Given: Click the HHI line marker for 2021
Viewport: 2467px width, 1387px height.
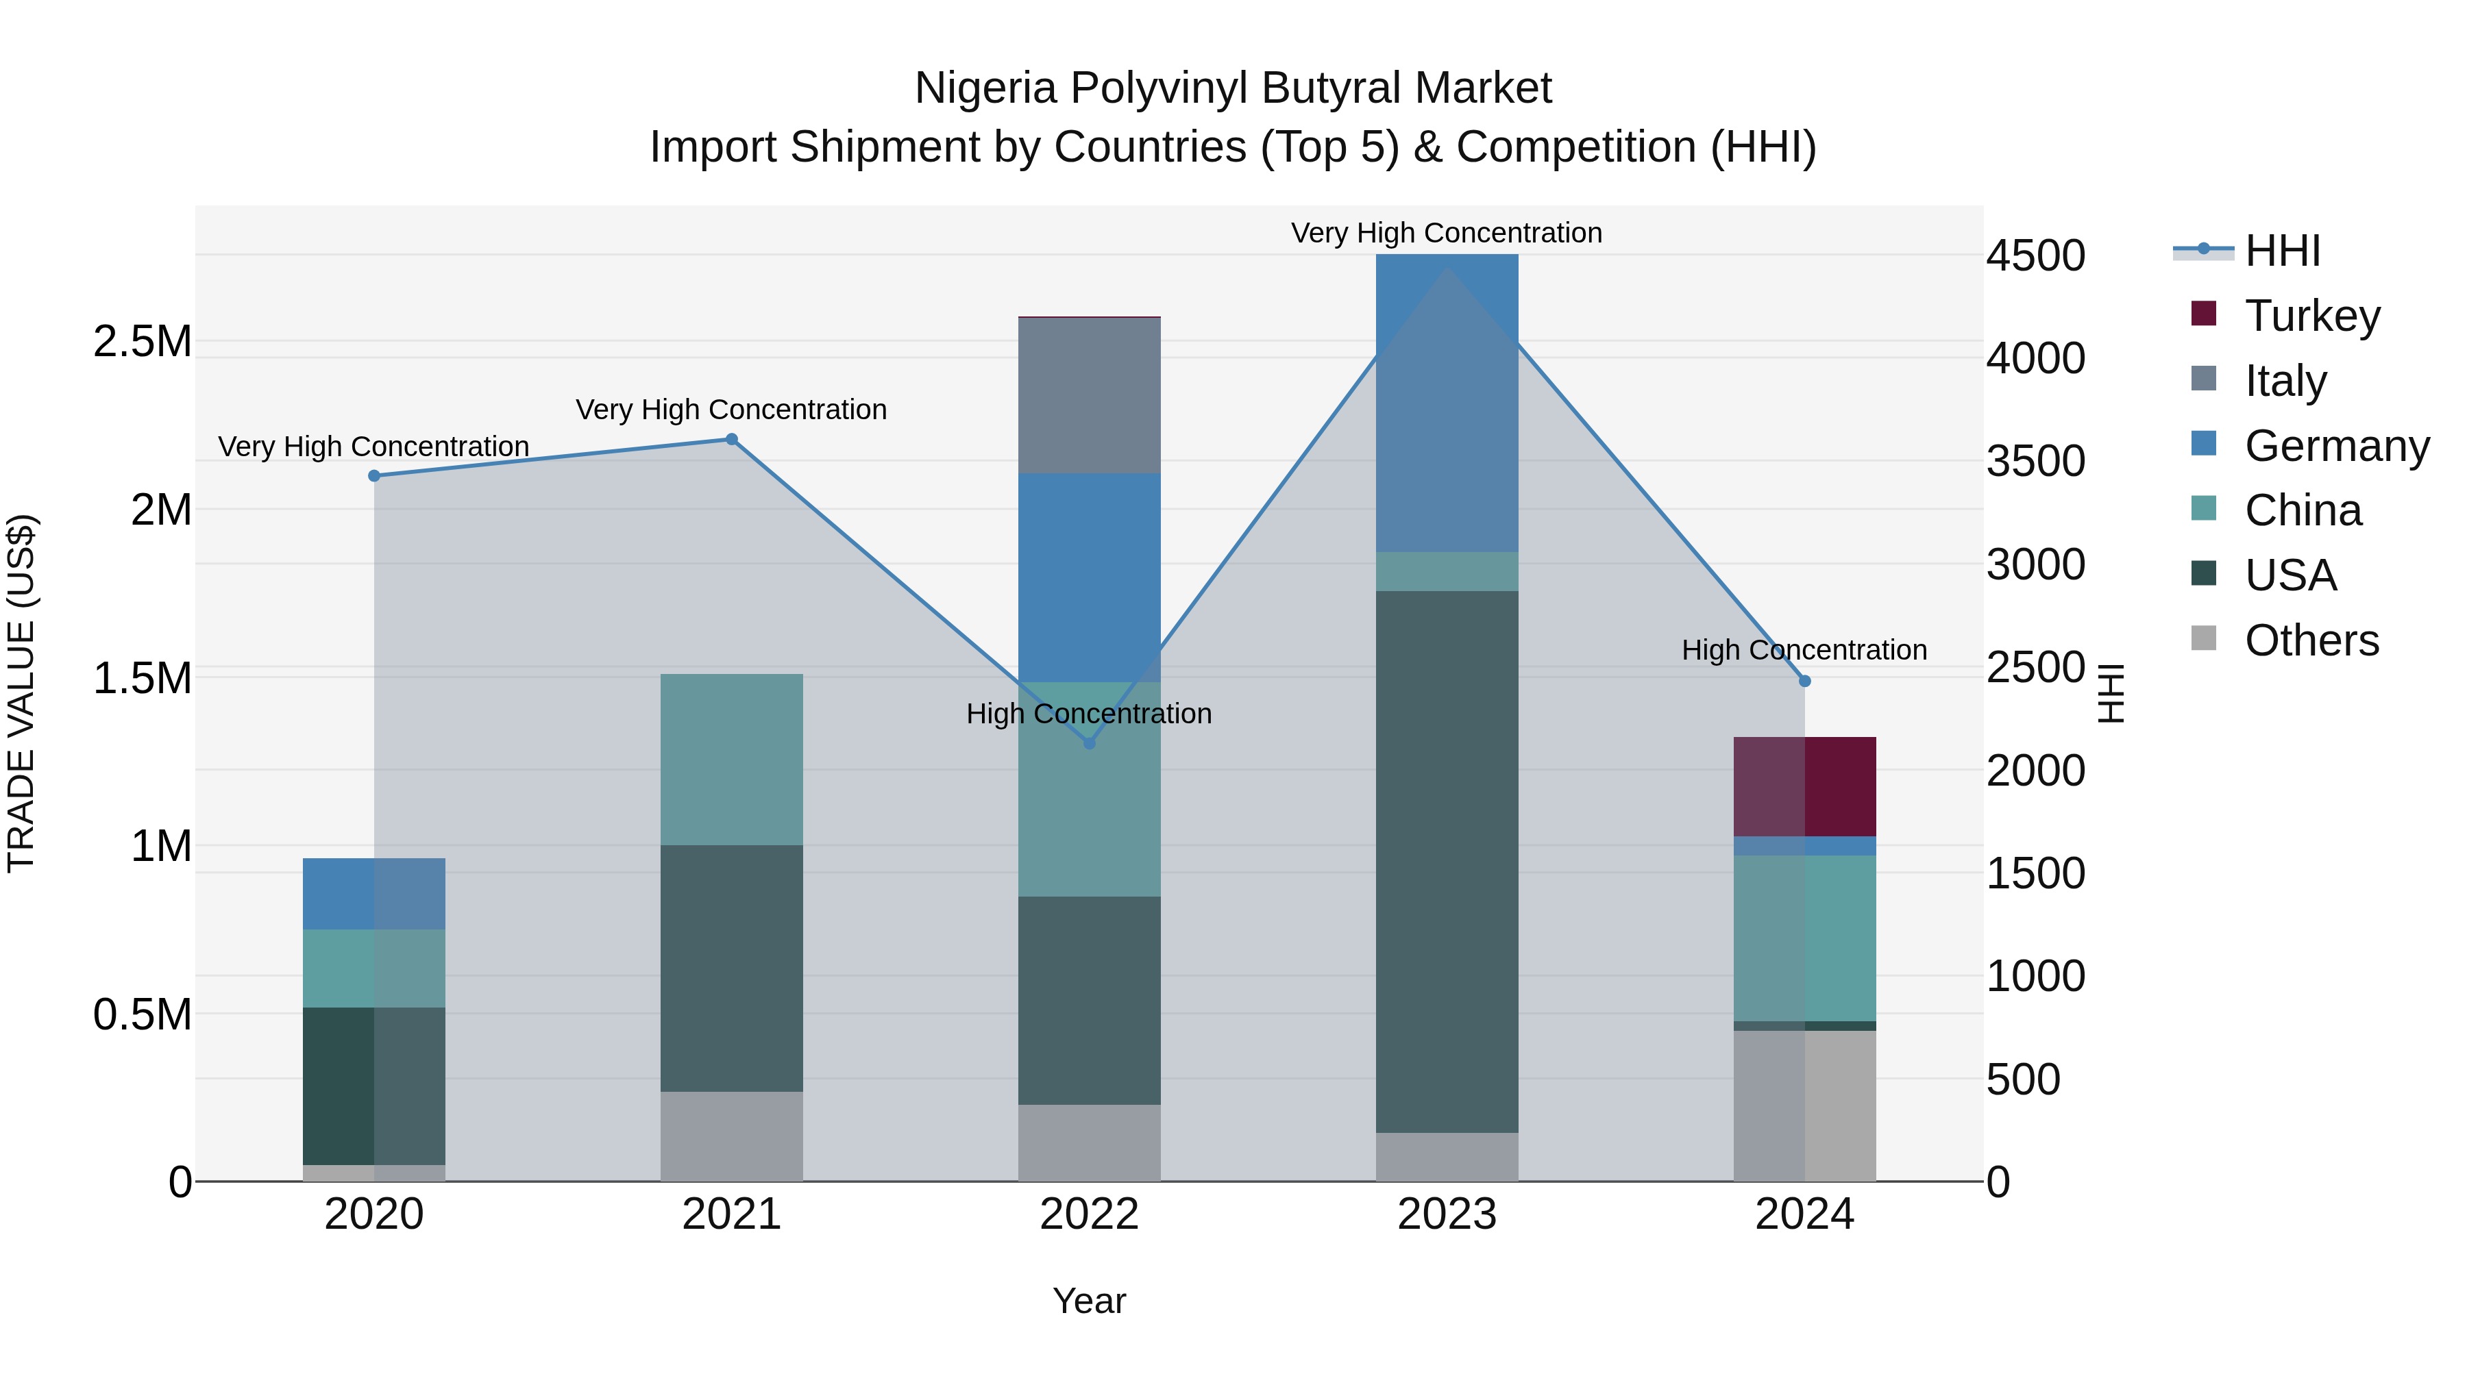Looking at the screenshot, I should (x=732, y=439).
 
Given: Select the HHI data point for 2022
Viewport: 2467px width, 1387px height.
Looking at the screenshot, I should (x=1089, y=742).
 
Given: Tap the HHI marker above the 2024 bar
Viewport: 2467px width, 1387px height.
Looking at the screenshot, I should (x=1804, y=681).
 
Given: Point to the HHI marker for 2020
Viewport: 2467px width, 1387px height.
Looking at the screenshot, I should (x=374, y=476).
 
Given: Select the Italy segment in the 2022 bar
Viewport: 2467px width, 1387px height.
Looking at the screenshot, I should (x=1089, y=395).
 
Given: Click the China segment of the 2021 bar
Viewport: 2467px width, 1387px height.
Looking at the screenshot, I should (x=732, y=759).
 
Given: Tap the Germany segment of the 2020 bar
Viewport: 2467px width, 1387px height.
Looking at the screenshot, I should (x=374, y=893).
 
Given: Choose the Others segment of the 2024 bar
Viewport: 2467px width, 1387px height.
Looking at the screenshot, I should (x=1804, y=1105).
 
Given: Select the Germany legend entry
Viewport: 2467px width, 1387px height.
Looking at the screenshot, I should (x=2336, y=446).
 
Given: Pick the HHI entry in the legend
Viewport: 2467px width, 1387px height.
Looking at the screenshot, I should (x=2282, y=251).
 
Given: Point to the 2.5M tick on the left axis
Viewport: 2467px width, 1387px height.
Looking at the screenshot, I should (x=143, y=341).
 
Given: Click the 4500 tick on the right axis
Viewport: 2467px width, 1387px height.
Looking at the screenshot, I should (x=2035, y=255).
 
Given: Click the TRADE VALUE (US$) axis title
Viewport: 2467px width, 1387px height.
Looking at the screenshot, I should (x=21, y=693).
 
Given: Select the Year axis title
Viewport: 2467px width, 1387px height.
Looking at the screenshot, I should (x=1089, y=1301).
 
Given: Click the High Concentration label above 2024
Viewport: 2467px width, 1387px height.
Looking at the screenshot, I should (x=1804, y=650).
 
